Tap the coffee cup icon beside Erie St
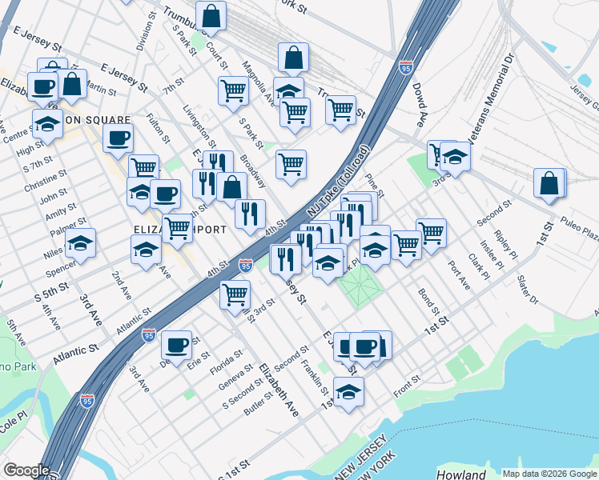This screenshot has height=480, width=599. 177,346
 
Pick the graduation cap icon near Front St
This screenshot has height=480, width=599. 348,392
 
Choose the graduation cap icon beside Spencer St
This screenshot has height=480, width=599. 80,242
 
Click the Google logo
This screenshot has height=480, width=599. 26,470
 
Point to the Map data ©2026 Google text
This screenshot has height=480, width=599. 549,474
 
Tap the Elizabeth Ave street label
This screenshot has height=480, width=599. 279,390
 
